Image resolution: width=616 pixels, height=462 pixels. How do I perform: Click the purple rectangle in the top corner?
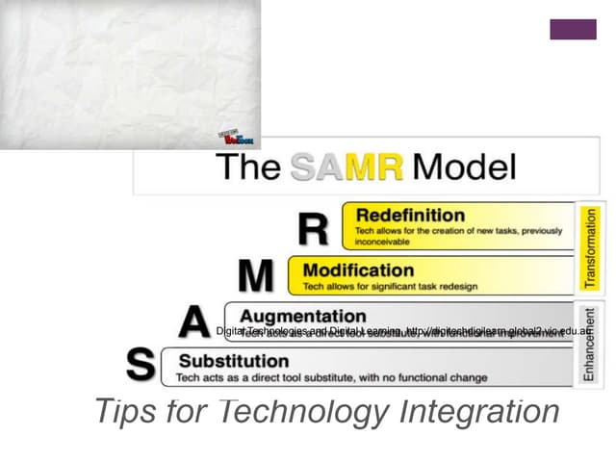[573, 29]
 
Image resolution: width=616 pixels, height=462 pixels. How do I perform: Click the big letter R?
[314, 230]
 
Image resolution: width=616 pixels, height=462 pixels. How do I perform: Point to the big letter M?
[256, 277]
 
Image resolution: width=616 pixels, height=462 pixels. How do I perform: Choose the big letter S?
[141, 366]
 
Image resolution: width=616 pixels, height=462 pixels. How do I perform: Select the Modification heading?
[358, 270]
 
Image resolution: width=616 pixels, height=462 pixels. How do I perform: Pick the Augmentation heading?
[302, 316]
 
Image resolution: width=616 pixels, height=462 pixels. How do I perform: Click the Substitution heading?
[232, 361]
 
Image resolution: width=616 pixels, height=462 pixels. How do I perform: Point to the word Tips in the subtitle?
[125, 412]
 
